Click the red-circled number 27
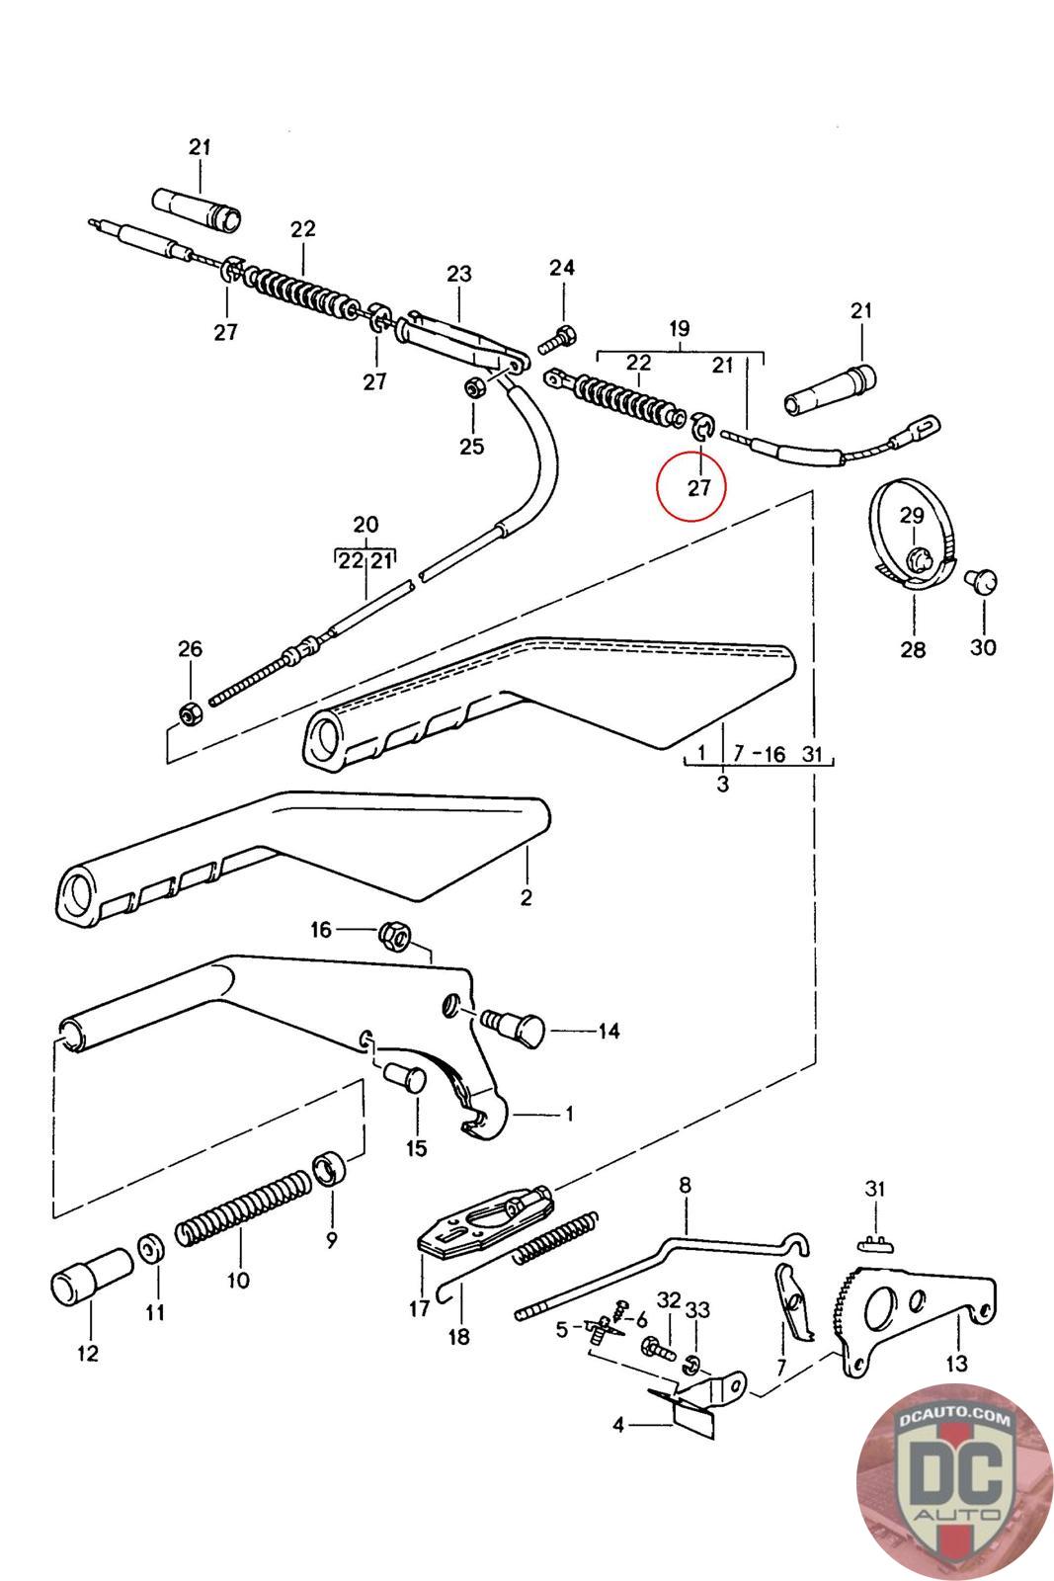pos(699,487)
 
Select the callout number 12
pos(88,1353)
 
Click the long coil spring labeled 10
pos(243,1207)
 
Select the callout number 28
pos(913,649)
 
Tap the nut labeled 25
pos(473,387)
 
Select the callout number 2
pos(526,897)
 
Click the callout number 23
pos(459,273)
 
